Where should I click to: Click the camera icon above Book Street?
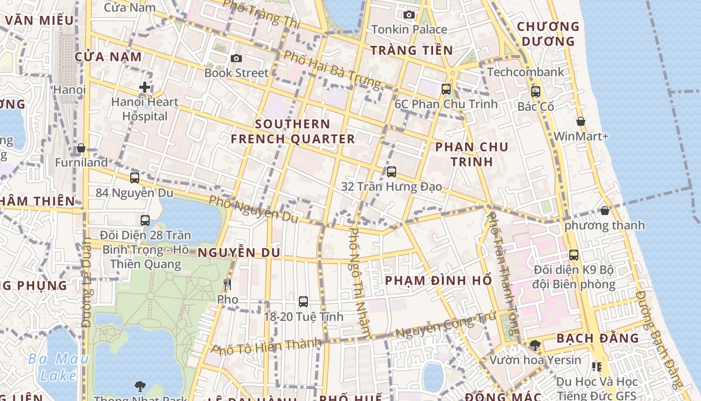click(236, 59)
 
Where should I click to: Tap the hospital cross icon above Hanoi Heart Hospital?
click(145, 87)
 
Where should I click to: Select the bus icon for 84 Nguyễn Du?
click(134, 177)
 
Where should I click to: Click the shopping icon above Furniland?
click(81, 148)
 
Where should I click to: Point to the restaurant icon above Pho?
click(227, 285)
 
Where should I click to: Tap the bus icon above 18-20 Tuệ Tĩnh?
click(303, 301)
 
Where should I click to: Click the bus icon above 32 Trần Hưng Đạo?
click(392, 171)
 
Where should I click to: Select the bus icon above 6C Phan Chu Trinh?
click(446, 89)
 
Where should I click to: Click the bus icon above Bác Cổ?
click(536, 92)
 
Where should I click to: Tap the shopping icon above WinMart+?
click(581, 121)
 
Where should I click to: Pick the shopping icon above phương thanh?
click(605, 211)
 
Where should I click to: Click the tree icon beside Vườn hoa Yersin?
click(535, 345)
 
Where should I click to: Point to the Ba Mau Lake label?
click(58, 367)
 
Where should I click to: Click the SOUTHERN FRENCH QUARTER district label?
click(293, 131)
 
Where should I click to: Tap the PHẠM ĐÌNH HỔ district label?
click(439, 280)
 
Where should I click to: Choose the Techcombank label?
click(526, 72)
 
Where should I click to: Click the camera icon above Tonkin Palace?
click(409, 15)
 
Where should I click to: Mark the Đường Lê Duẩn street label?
click(86, 283)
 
